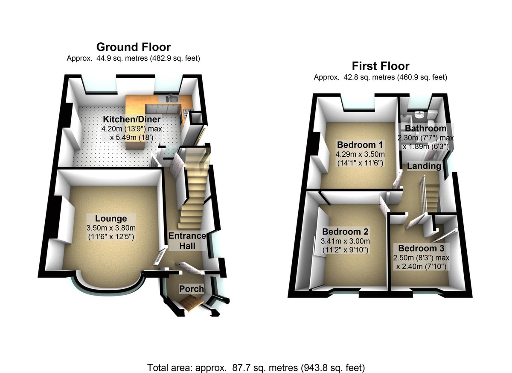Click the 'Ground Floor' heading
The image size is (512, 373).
tap(133, 47)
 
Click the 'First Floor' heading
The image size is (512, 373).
tap(380, 66)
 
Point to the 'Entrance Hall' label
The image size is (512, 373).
tap(187, 241)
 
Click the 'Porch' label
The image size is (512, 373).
tap(191, 289)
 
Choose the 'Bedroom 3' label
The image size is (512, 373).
tap(421, 248)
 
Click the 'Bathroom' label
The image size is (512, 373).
tap(425, 128)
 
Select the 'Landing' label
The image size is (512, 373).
tap(424, 166)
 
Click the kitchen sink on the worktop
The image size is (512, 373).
tap(173, 100)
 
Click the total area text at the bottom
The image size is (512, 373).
tap(256, 367)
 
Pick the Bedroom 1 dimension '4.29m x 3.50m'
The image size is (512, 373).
tap(361, 154)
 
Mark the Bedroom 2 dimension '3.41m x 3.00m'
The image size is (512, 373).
tap(345, 241)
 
